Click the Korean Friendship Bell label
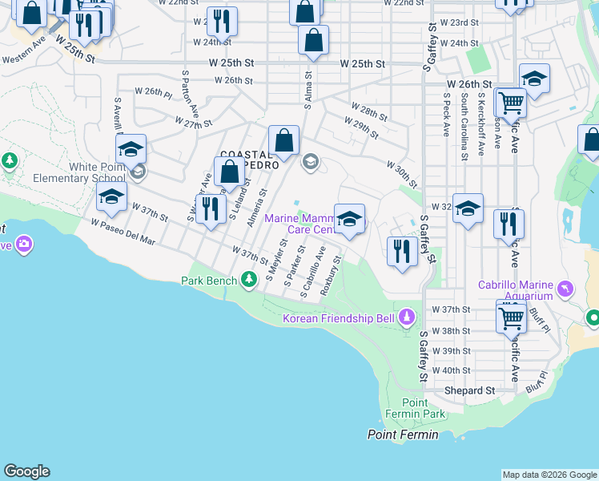tap(339, 319)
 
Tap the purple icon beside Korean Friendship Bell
tap(407, 318)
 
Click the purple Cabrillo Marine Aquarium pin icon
tap(567, 288)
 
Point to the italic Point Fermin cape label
tap(403, 435)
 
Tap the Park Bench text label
tap(209, 281)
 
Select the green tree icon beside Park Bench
tap(250, 279)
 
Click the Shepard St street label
tap(470, 390)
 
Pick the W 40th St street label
tap(451, 370)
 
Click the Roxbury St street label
tap(332, 276)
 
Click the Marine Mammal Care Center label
tap(298, 224)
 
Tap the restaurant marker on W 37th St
tap(211, 209)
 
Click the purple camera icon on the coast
tap(24, 243)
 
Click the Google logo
tap(26, 471)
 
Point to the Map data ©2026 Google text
tap(549, 475)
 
